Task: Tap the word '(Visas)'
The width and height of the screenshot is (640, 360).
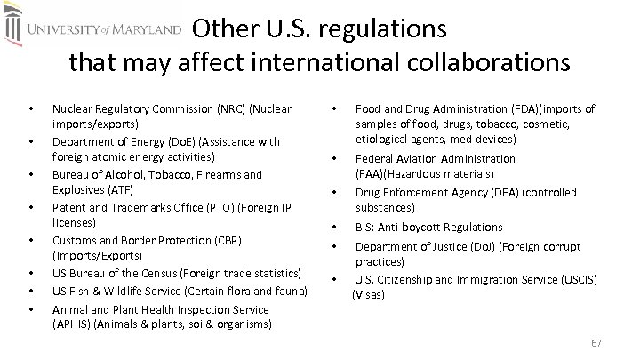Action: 369,293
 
